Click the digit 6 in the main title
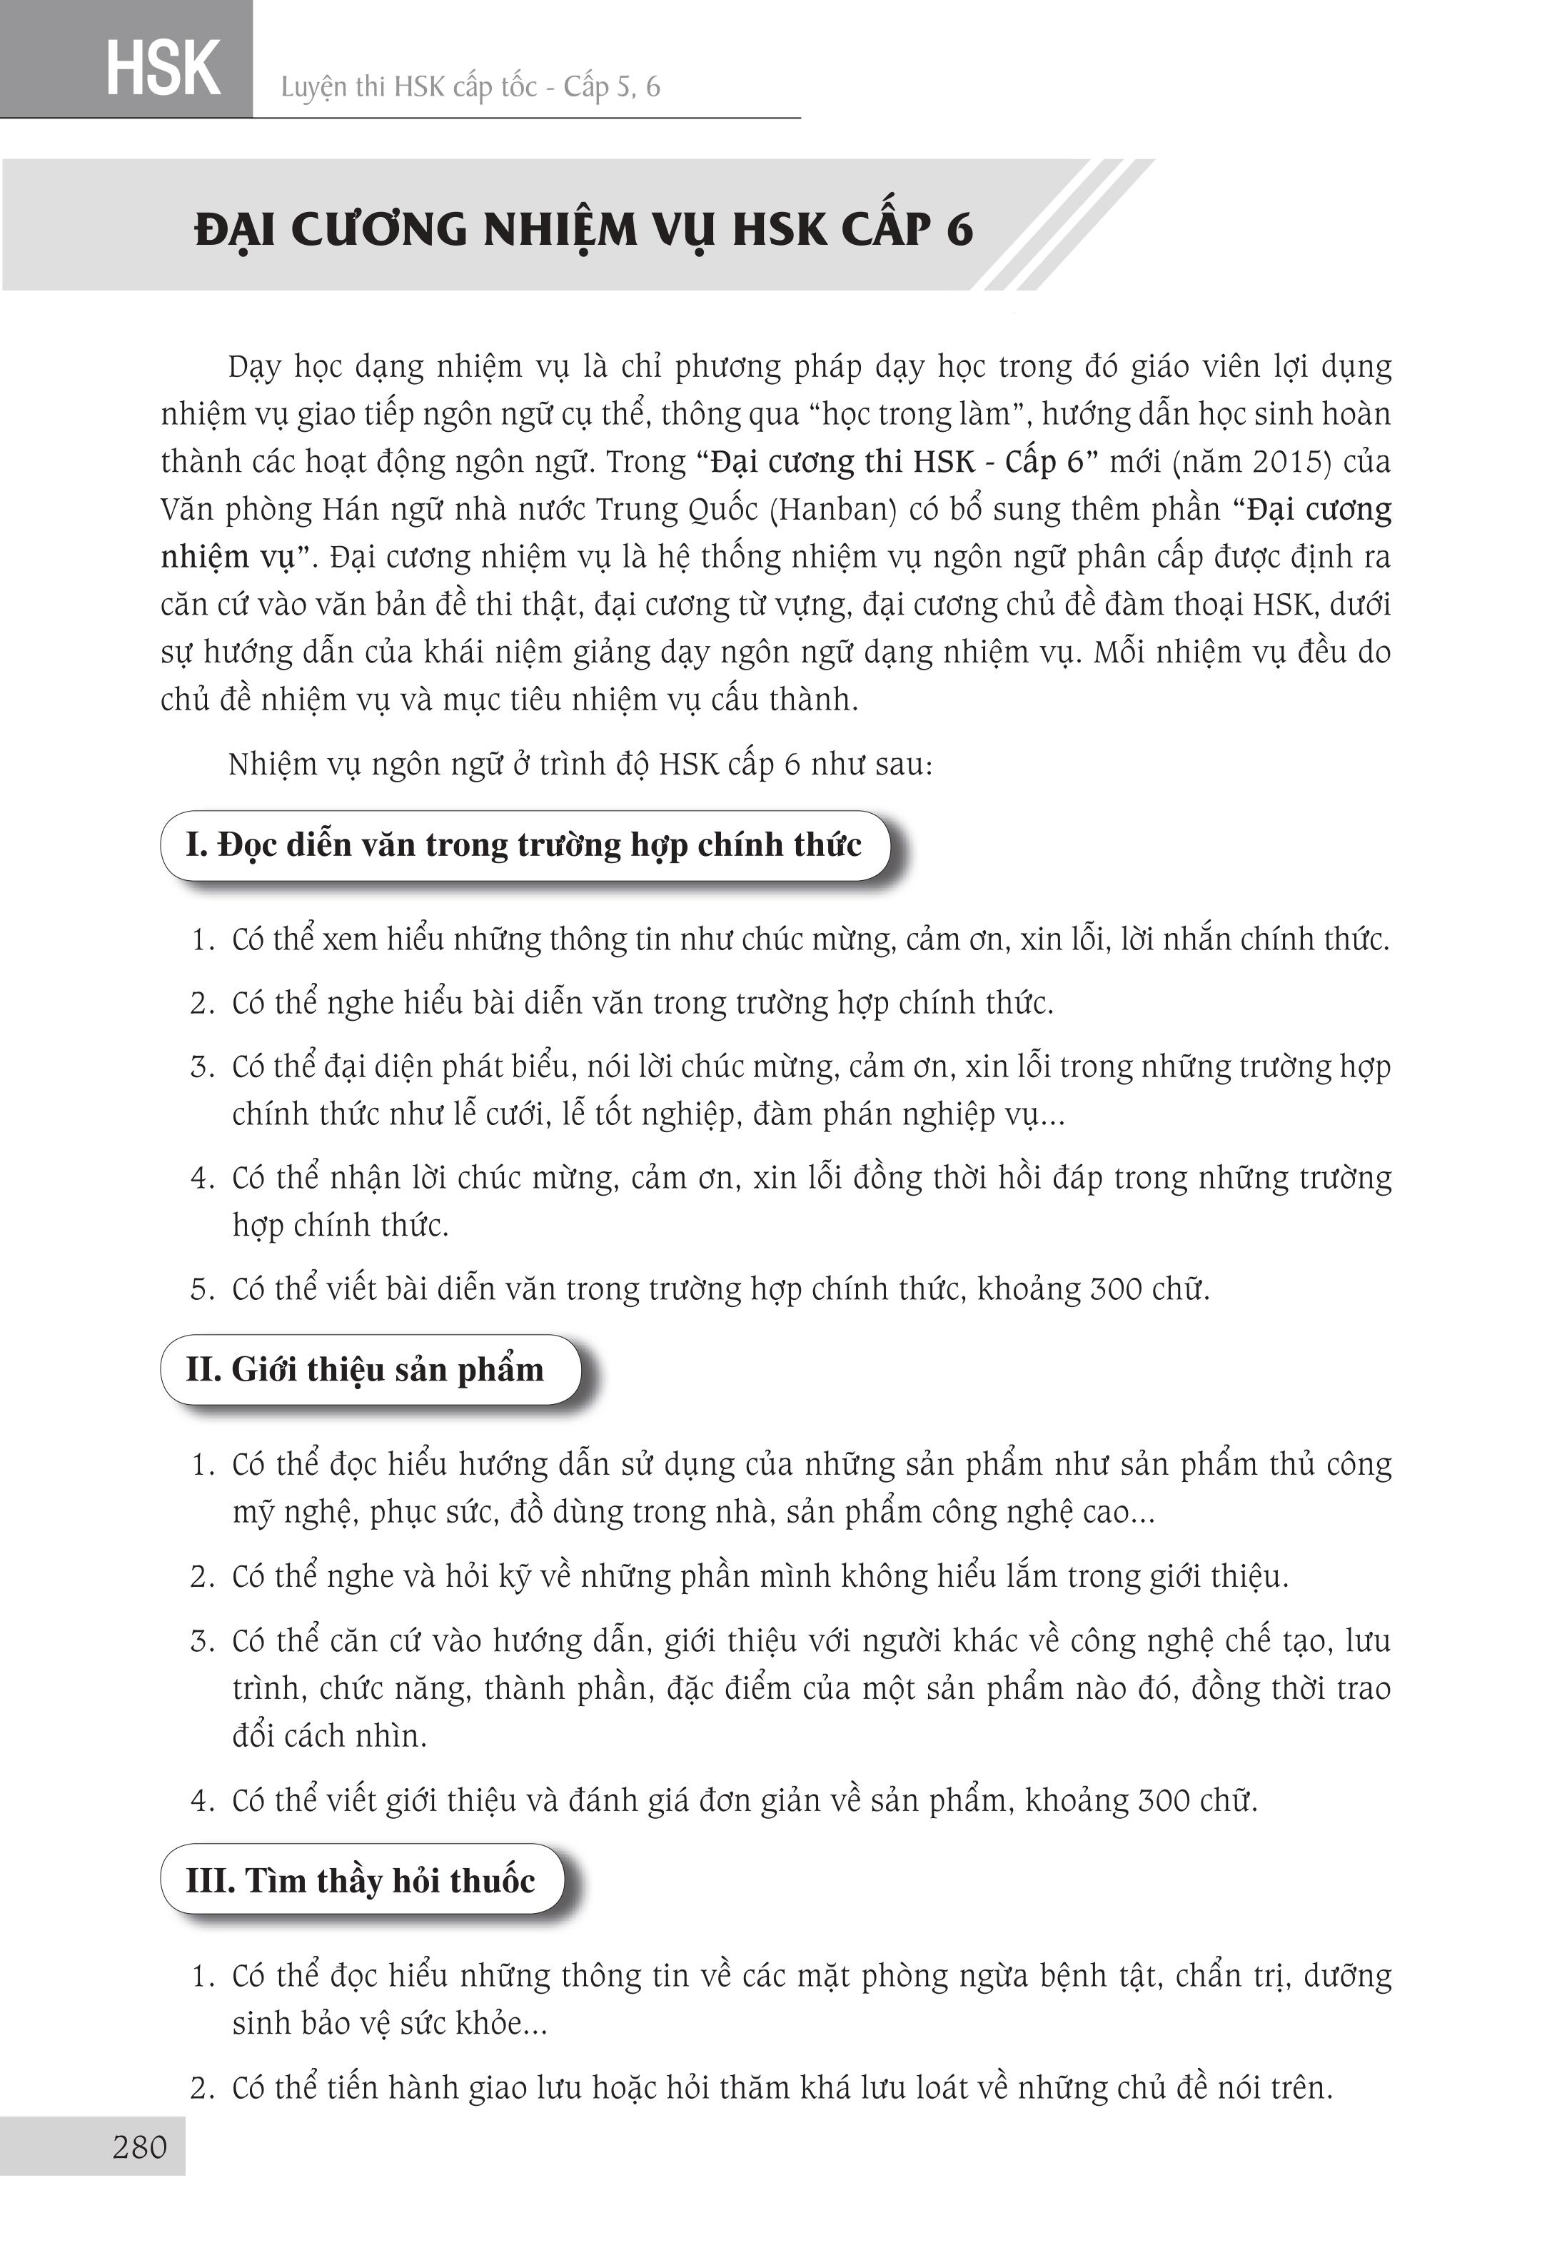[x=958, y=230]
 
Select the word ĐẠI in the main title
[x=236, y=230]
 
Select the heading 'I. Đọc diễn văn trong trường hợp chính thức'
[x=523, y=844]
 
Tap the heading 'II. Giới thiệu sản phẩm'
[x=365, y=1369]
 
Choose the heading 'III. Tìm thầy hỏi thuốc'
[x=360, y=1880]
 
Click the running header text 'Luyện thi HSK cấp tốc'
[x=408, y=88]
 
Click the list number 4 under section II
[x=201, y=1800]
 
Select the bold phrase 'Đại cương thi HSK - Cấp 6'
[x=897, y=461]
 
